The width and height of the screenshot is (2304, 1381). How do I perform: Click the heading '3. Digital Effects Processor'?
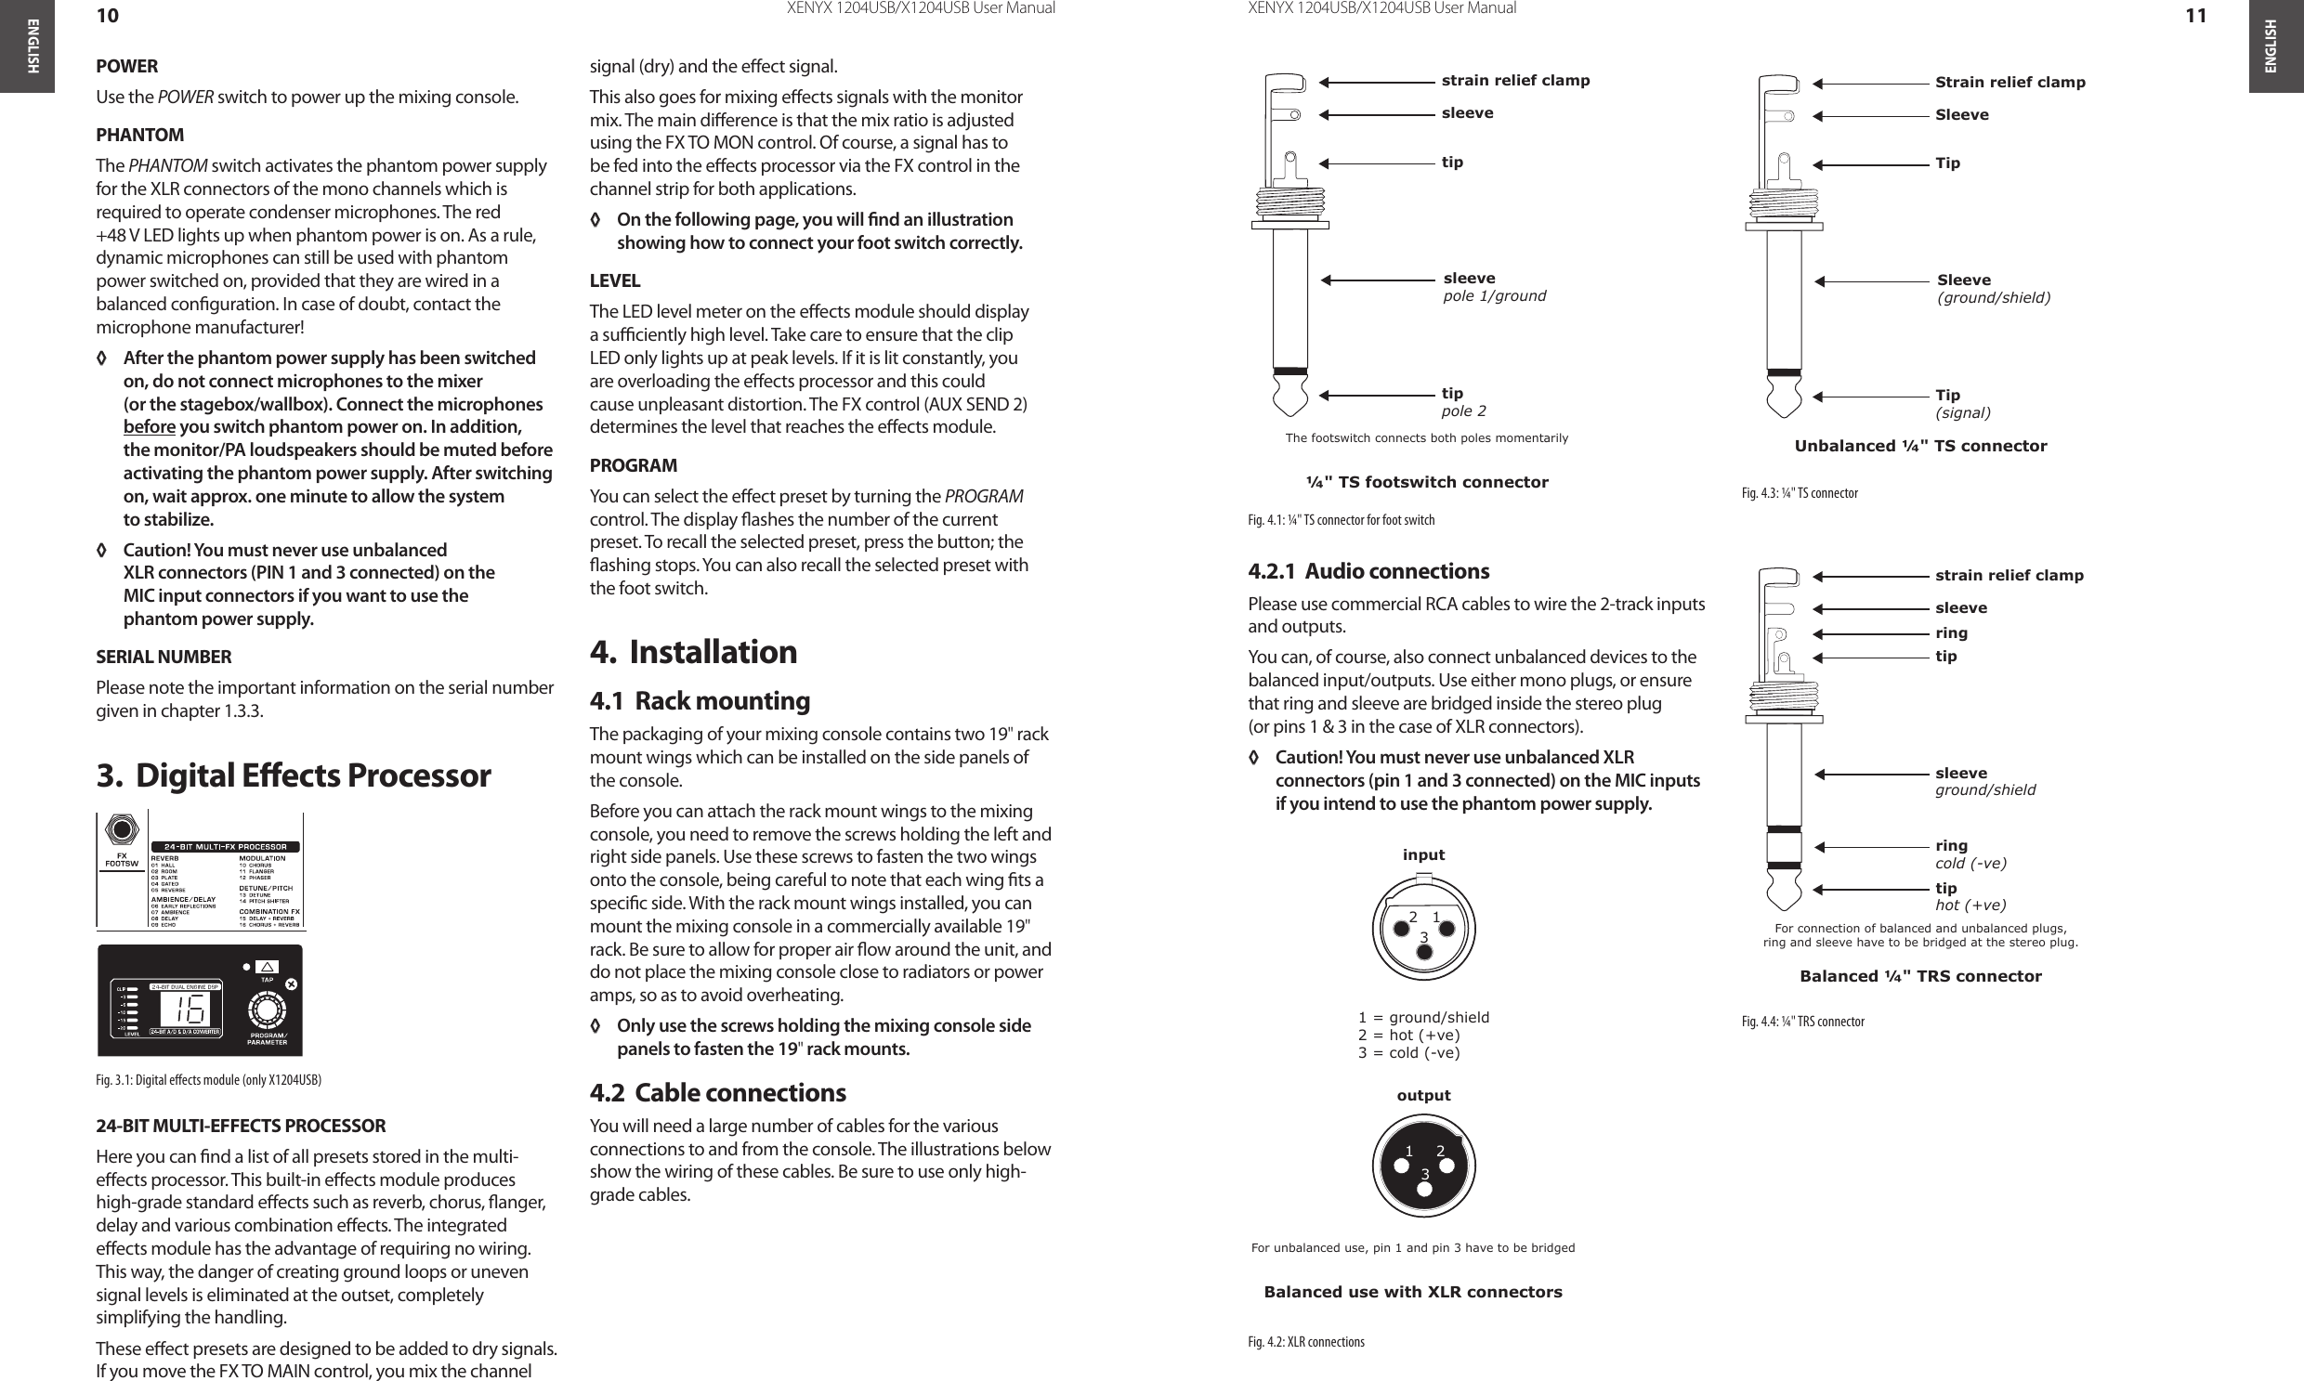pos(294,775)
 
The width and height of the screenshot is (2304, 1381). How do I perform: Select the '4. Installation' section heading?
pos(694,651)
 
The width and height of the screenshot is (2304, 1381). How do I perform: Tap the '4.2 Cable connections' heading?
pos(718,1091)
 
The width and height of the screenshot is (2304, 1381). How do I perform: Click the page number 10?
pos(108,16)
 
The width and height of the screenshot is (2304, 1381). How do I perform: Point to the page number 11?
pos(2195,16)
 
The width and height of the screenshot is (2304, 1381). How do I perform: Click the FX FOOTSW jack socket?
pos(122,829)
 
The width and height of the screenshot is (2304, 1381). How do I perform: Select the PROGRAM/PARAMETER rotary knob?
pos(268,1010)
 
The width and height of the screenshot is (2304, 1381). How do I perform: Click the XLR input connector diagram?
pos(1423,927)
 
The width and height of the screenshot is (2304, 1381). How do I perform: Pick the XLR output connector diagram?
pos(1423,1166)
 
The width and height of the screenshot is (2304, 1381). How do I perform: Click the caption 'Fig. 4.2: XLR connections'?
pos(1306,1341)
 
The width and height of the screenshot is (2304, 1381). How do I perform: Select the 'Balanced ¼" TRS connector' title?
pos(1920,976)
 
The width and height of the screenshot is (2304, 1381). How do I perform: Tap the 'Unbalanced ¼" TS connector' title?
pos(1920,446)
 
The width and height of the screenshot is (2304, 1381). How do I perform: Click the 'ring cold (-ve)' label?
pos(1970,854)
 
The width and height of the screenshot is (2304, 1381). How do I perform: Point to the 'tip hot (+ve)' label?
pos(1970,896)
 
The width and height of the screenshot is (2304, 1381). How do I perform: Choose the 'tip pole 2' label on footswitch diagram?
pos(1464,402)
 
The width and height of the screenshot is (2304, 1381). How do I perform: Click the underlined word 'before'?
pos(149,427)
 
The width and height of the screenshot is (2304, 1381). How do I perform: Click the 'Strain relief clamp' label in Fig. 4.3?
pos(2009,83)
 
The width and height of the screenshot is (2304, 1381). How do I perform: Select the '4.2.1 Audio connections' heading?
pos(1368,570)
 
